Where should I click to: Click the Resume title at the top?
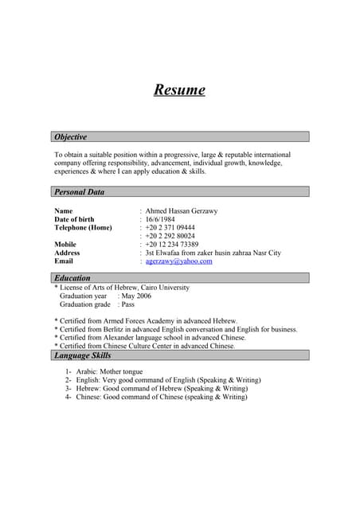(x=179, y=89)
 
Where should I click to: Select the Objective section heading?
(x=71, y=137)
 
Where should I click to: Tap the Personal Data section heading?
(x=79, y=192)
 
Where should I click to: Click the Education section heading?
(x=72, y=278)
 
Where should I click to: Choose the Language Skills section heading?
(x=82, y=355)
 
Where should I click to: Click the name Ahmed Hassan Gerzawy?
(x=181, y=211)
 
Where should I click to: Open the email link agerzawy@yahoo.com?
(x=178, y=261)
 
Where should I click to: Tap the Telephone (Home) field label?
(x=83, y=228)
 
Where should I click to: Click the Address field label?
(x=67, y=253)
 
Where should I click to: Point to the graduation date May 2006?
(x=136, y=296)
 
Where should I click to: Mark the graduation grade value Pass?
(x=127, y=304)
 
